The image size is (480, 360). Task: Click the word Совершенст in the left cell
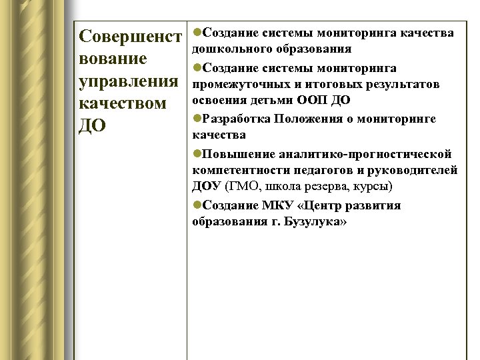pyautogui.click(x=130, y=36)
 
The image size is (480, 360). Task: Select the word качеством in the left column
pyautogui.click(x=122, y=105)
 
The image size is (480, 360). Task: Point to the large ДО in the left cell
pyautogui.click(x=92, y=127)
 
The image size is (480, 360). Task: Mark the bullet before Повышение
pyautogui.click(x=196, y=153)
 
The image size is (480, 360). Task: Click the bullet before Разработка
pyautogui.click(x=196, y=119)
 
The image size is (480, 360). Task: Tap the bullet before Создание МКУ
pyautogui.click(x=196, y=205)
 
